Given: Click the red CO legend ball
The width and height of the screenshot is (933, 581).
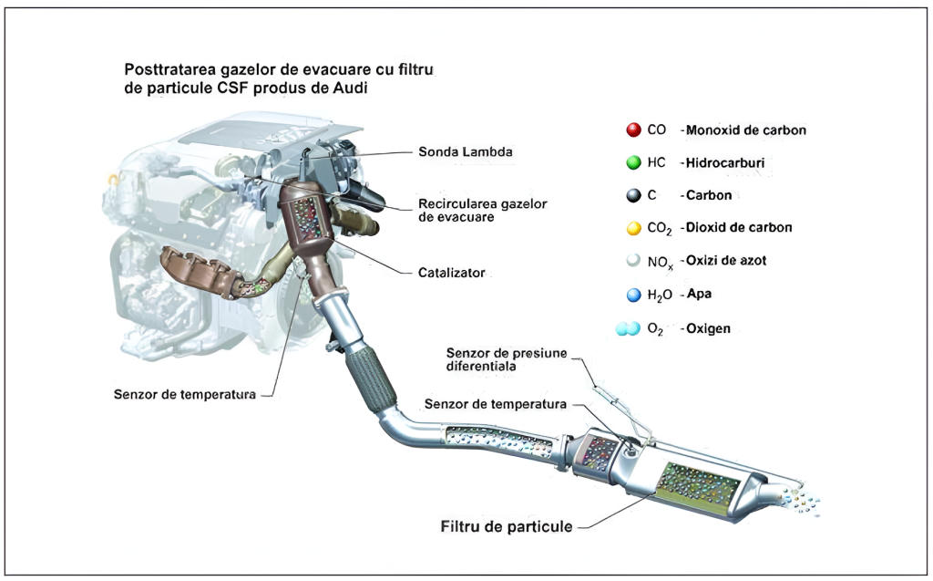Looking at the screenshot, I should [633, 130].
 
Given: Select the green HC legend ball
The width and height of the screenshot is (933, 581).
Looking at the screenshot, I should [633, 163].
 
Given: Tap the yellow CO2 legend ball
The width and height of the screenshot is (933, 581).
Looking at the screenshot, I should [633, 228].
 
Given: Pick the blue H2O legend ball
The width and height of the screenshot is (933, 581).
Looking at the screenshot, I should [633, 295].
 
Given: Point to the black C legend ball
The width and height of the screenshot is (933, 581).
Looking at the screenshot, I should [633, 195].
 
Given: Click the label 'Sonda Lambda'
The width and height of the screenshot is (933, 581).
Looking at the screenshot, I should [465, 151].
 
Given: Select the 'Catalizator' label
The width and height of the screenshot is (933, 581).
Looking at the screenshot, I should [452, 272].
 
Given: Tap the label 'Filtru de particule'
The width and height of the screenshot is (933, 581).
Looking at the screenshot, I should [507, 526].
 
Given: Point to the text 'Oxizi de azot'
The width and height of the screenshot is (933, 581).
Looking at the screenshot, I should [728, 261].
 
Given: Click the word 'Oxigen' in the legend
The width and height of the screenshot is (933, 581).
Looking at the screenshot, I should [710, 327].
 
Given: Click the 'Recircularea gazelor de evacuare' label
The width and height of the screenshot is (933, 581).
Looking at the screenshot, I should [482, 211].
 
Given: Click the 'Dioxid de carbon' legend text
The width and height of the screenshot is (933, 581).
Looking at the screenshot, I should [741, 228].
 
